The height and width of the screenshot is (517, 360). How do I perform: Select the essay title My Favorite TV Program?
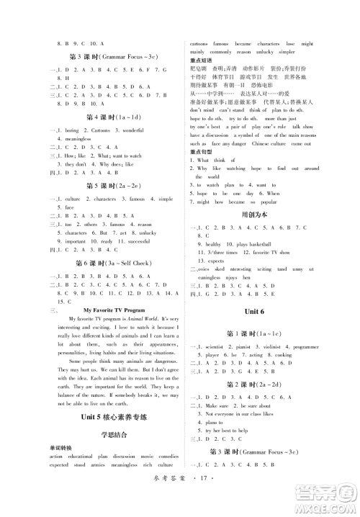[x=114, y=307]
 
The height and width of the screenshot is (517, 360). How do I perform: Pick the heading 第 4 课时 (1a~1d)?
[x=113, y=117]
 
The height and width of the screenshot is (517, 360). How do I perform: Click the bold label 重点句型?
[x=203, y=152]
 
